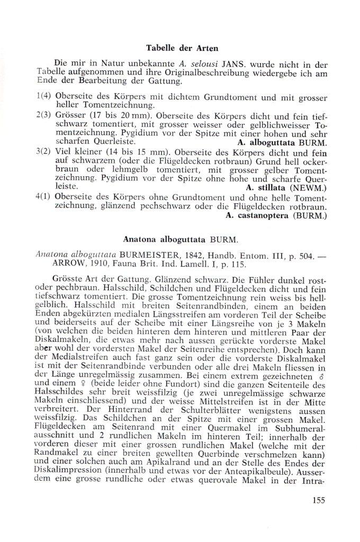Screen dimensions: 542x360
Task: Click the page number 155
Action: tap(318, 500)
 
